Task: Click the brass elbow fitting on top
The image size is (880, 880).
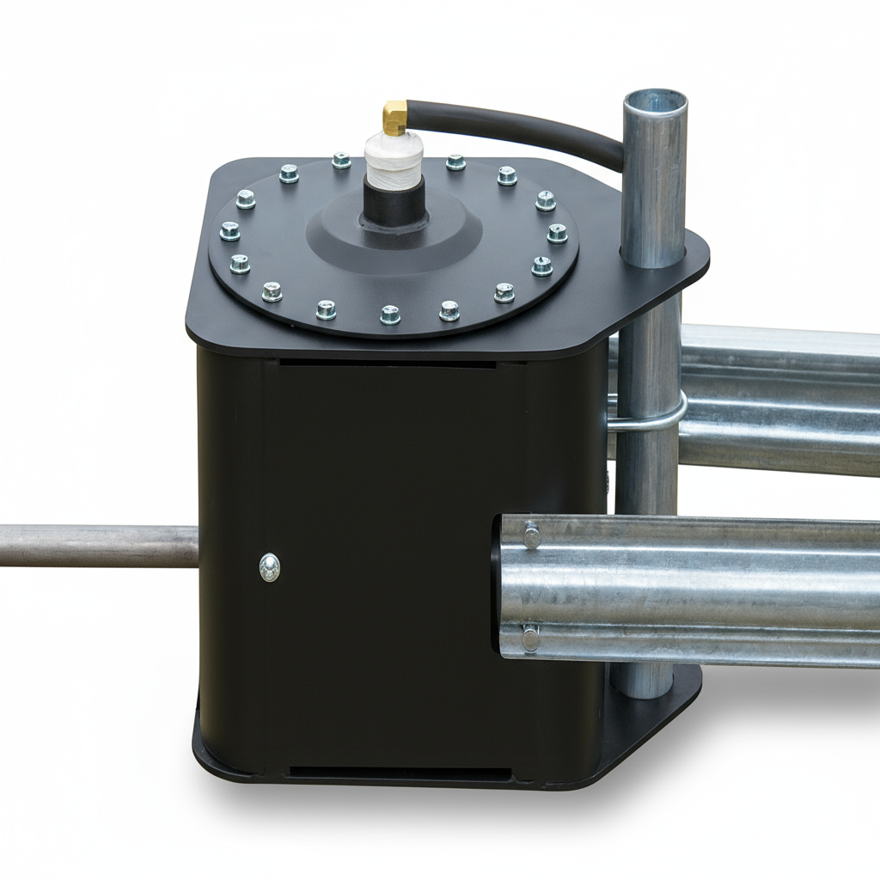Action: click(x=394, y=118)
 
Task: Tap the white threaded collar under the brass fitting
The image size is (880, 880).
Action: click(x=394, y=161)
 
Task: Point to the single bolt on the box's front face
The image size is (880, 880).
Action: click(x=270, y=566)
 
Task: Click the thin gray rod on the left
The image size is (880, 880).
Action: click(x=95, y=547)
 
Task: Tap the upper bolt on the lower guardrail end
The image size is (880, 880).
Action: click(x=532, y=536)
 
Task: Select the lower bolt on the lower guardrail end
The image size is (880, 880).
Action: click(x=530, y=638)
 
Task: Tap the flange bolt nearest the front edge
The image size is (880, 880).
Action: click(x=390, y=315)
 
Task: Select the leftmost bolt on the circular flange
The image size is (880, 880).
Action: click(x=229, y=230)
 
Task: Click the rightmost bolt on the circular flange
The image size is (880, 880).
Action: click(x=557, y=233)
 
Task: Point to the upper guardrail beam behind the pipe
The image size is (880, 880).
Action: click(x=782, y=400)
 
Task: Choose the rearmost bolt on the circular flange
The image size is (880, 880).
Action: click(x=341, y=161)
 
